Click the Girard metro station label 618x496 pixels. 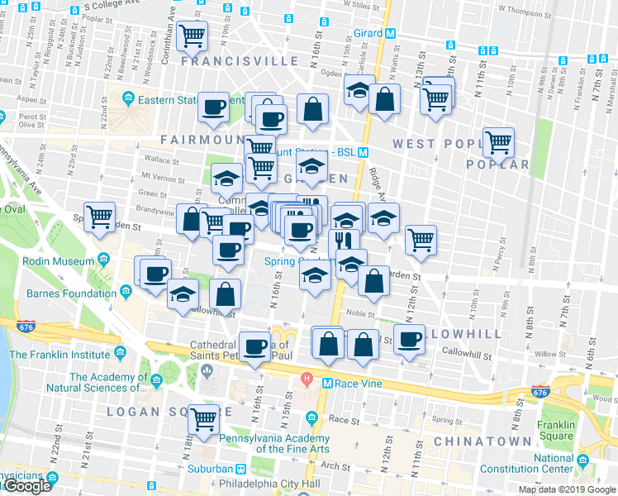click(370, 34)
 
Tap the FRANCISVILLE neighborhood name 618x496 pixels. click(240, 62)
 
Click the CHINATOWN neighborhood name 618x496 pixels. click(483, 441)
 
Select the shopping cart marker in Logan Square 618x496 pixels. click(202, 418)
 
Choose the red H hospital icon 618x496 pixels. click(307, 379)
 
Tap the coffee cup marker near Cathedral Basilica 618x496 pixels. click(255, 346)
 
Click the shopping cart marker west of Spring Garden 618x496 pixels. click(100, 217)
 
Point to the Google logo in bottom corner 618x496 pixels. click(27, 486)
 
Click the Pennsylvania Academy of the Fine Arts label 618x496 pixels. click(281, 443)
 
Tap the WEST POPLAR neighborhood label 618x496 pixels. click(437, 144)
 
